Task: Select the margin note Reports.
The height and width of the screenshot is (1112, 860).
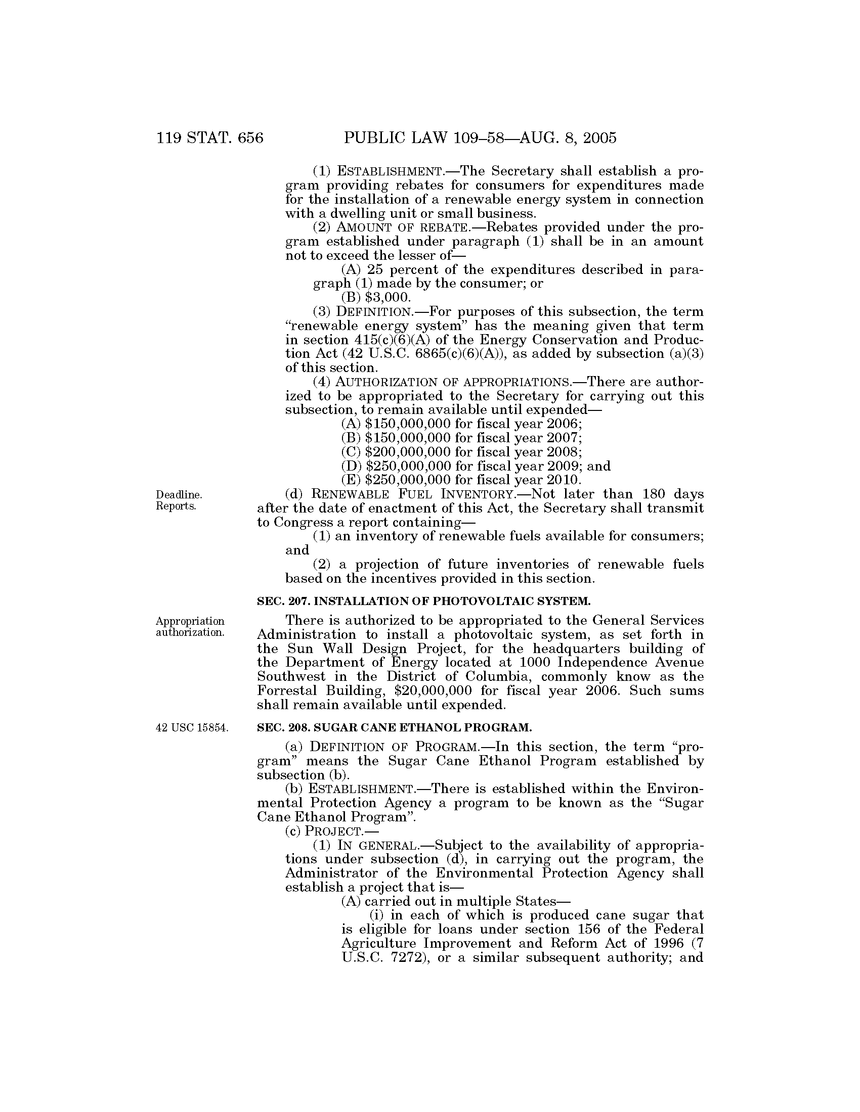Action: click(176, 506)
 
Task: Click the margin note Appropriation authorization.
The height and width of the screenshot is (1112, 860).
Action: click(190, 627)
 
